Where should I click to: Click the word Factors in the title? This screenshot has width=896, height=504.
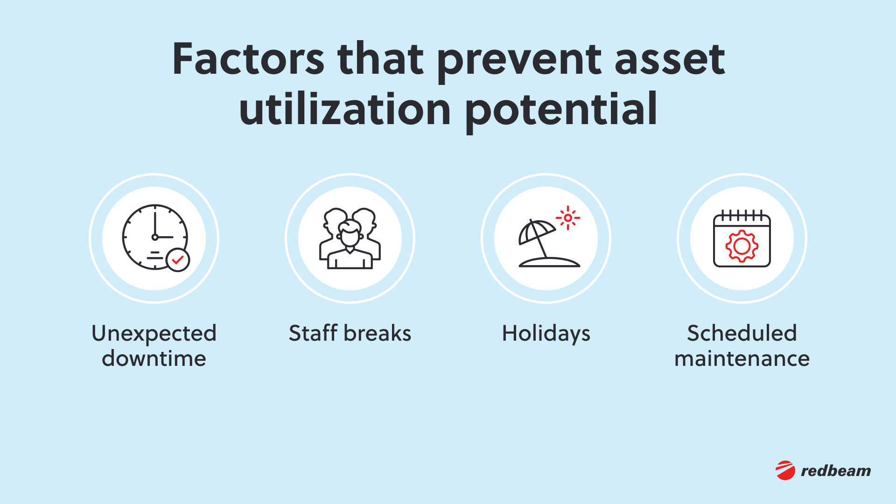coord(248,59)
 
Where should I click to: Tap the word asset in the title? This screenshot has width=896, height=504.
coord(670,59)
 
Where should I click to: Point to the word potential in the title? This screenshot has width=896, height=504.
coord(561,110)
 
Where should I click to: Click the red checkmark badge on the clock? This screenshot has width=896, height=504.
coord(178,260)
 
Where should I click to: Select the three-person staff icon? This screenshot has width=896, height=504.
coord(350,238)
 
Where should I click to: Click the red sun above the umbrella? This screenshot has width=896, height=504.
coord(568,218)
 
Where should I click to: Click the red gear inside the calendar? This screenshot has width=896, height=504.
coord(742,246)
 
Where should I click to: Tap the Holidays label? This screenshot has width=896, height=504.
coord(546,334)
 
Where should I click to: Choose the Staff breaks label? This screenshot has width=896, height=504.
coord(350,333)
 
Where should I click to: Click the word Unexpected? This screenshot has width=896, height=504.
coord(154,334)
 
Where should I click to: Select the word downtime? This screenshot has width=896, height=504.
coord(154,358)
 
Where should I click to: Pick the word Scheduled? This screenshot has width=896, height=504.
coord(742,333)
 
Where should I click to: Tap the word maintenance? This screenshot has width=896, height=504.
coord(742,358)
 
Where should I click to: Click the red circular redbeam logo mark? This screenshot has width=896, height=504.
coord(785,470)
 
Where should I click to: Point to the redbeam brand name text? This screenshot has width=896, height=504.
coord(836,471)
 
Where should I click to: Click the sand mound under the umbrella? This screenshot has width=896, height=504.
coord(549,262)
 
